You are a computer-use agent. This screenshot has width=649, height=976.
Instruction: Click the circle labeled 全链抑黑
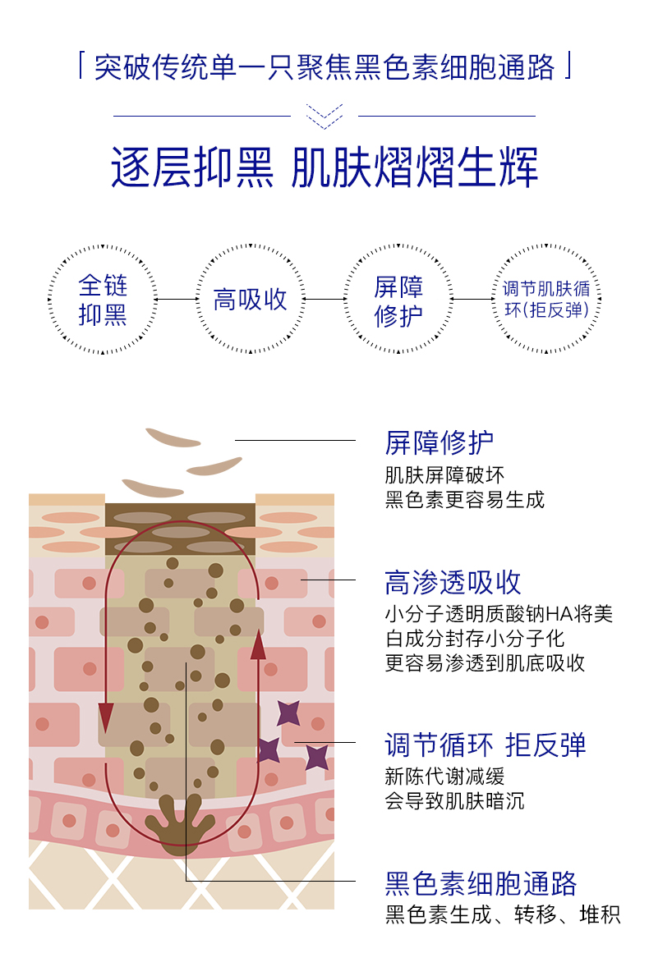pyautogui.click(x=103, y=300)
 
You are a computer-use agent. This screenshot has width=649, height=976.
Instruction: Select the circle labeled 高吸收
pyautogui.click(x=251, y=300)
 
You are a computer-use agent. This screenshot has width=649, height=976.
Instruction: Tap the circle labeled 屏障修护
pyautogui.click(x=398, y=300)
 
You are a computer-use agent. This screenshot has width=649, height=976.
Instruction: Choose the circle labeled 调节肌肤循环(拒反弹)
pyautogui.click(x=546, y=300)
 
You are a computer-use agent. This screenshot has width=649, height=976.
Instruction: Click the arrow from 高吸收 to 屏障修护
pyautogui.click(x=324, y=300)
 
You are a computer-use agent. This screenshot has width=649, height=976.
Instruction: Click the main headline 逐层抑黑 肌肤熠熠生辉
pyautogui.click(x=324, y=167)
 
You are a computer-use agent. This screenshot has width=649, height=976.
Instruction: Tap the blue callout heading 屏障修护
pyautogui.click(x=440, y=442)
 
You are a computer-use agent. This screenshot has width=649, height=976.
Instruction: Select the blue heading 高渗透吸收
pyautogui.click(x=453, y=582)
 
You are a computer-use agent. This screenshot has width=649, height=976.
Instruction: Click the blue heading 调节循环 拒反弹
pyautogui.click(x=486, y=745)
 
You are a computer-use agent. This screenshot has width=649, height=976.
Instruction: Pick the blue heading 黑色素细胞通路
pyautogui.click(x=481, y=883)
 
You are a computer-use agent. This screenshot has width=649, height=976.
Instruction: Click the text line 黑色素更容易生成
pyautogui.click(x=465, y=500)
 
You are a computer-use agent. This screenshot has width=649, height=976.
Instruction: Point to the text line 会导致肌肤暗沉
pyautogui.click(x=454, y=800)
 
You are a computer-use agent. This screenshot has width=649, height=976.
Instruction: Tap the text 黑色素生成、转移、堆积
pyautogui.click(x=503, y=914)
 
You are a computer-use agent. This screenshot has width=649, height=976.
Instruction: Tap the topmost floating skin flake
pyautogui.click(x=173, y=438)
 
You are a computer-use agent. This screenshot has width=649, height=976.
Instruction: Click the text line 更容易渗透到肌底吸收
pyautogui.click(x=485, y=663)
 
